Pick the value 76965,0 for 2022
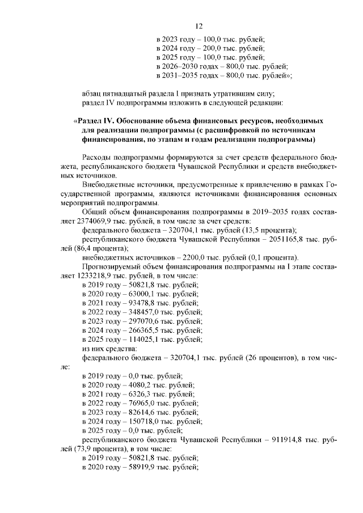136,404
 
